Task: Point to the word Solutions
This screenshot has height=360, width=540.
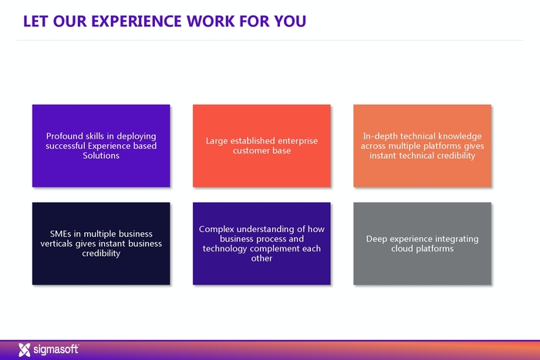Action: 101,156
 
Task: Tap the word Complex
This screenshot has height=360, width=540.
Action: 218,229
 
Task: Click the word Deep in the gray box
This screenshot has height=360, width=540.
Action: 379,239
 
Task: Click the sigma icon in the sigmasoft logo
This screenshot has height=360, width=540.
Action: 24,349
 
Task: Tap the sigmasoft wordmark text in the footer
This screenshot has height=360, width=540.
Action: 55,349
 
